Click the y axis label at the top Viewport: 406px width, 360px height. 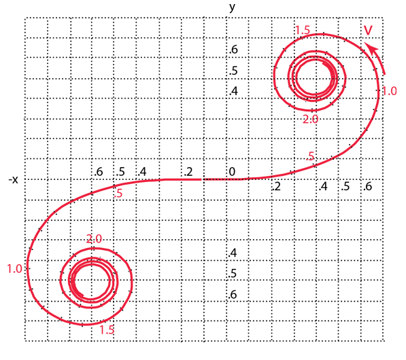[x=233, y=7]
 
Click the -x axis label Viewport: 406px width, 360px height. [x=14, y=180]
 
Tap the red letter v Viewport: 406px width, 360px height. [x=368, y=30]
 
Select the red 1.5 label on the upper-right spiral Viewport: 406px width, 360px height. [x=303, y=31]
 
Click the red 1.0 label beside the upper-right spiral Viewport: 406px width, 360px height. [x=389, y=91]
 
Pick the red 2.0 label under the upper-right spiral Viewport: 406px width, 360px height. [x=311, y=120]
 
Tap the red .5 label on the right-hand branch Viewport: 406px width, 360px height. [x=310, y=156]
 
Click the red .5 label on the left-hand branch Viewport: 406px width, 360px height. [x=118, y=194]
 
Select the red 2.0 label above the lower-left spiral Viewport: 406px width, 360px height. [x=94, y=238]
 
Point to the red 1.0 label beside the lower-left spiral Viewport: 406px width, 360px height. [x=14, y=269]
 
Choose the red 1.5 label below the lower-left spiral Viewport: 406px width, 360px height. [x=107, y=329]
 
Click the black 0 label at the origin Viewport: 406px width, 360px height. [x=232, y=171]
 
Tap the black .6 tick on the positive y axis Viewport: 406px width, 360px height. [x=233, y=49]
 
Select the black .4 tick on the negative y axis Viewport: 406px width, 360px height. [x=233, y=253]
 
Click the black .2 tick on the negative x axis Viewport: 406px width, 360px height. [x=189, y=172]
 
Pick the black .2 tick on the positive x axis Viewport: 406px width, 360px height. [x=277, y=186]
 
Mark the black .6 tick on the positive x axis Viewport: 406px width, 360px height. [x=368, y=186]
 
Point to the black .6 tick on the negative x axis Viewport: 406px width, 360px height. [x=99, y=171]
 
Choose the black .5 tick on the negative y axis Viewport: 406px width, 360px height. [x=233, y=273]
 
